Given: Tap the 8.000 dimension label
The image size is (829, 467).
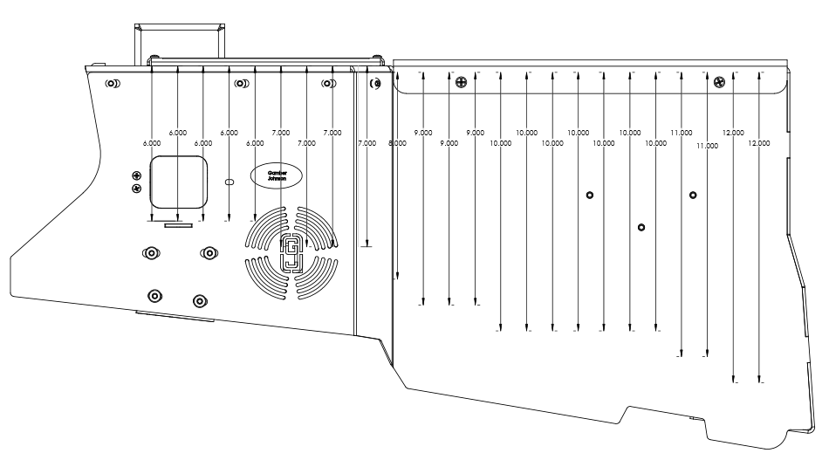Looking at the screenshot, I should pyautogui.click(x=397, y=142).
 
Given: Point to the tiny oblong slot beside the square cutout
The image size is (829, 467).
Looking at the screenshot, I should pyautogui.click(x=230, y=182).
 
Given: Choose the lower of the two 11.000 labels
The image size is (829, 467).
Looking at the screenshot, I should pyautogui.click(x=707, y=146).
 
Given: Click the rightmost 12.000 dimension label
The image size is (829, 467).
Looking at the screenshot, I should pyautogui.click(x=759, y=142).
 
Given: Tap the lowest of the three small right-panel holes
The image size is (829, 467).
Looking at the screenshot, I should pyautogui.click(x=641, y=227).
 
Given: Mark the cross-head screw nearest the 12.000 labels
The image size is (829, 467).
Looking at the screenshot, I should pyautogui.click(x=719, y=83).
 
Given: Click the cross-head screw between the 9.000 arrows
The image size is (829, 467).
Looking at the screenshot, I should pyautogui.click(x=462, y=83).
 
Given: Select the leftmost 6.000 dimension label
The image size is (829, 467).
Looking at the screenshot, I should pyautogui.click(x=152, y=142).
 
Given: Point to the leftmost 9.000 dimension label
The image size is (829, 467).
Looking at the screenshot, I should pyautogui.click(x=423, y=132).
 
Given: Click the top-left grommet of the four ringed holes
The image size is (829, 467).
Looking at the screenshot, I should pyautogui.click(x=151, y=252).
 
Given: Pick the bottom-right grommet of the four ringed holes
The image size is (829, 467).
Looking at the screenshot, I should pyautogui.click(x=199, y=300).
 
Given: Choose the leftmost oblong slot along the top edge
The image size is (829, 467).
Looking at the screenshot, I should pyautogui.click(x=113, y=84).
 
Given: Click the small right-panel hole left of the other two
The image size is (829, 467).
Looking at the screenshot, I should pyautogui.click(x=590, y=195).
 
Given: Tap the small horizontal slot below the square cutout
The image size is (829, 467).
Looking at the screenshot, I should pyautogui.click(x=179, y=223).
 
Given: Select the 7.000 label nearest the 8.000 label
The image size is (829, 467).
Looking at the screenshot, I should pyautogui.click(x=367, y=142).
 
